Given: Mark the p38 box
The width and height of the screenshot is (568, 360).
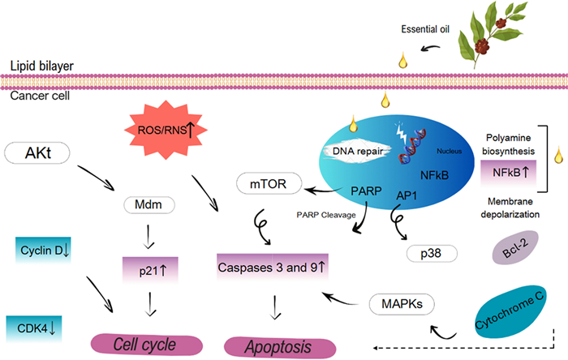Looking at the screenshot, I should point(432,252).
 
